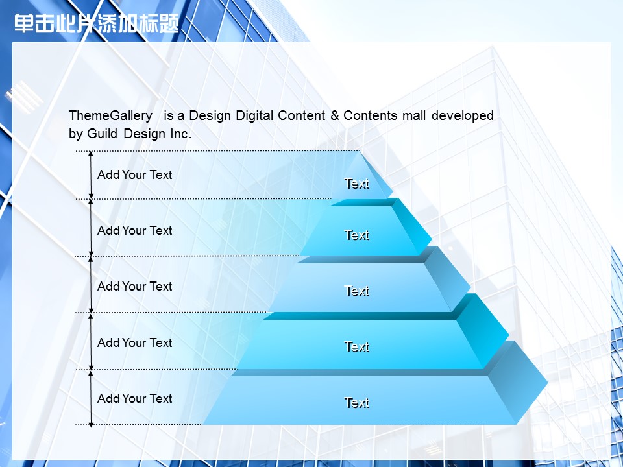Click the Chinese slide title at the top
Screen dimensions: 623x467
click(x=97, y=23)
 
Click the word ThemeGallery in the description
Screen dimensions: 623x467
click(x=110, y=115)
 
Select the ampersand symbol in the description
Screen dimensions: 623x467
click(x=335, y=115)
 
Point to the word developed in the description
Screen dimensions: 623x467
click(x=463, y=115)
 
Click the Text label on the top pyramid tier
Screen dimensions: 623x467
click(x=357, y=184)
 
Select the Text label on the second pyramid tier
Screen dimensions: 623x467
click(x=357, y=235)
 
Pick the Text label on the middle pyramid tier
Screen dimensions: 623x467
click(x=357, y=291)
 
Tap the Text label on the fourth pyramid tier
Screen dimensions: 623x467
click(x=357, y=346)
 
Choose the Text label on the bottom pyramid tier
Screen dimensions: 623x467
click(x=357, y=403)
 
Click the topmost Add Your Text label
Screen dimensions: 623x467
click(x=135, y=174)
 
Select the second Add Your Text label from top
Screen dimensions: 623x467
click(x=135, y=231)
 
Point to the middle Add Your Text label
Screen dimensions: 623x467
click(x=135, y=286)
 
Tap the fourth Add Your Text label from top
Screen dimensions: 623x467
click(x=135, y=342)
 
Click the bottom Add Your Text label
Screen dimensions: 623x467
click(x=135, y=398)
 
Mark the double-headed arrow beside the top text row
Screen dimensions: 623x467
click(x=91, y=174)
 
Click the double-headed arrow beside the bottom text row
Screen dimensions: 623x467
click(x=91, y=399)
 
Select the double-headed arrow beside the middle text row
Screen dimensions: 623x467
click(x=91, y=285)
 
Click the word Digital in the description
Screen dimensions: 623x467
click(x=254, y=115)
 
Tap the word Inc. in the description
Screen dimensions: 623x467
click(x=181, y=134)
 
